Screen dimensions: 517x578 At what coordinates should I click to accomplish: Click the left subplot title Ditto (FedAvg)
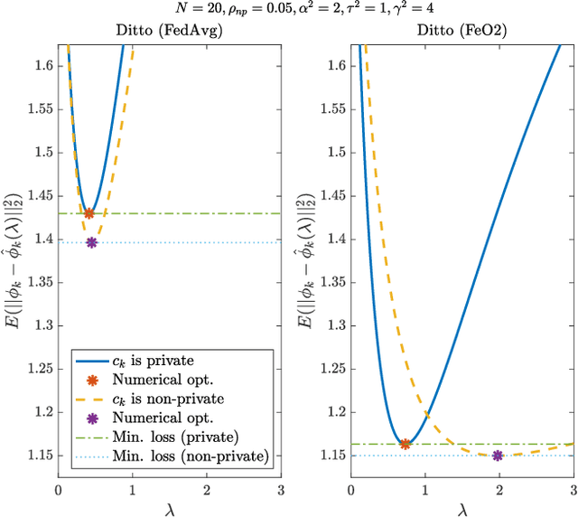170,30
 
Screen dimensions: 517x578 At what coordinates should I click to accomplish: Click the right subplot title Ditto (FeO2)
462,30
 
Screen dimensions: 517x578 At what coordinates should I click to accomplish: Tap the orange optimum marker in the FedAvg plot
89,213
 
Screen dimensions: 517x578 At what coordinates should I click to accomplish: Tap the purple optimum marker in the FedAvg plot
91,242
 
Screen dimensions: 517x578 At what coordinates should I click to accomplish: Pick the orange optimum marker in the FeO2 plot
405,444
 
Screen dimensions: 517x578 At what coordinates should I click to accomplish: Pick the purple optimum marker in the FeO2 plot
498,456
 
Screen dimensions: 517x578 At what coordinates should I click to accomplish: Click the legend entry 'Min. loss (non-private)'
190,457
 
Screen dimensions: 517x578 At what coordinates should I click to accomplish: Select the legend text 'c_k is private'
155,359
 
